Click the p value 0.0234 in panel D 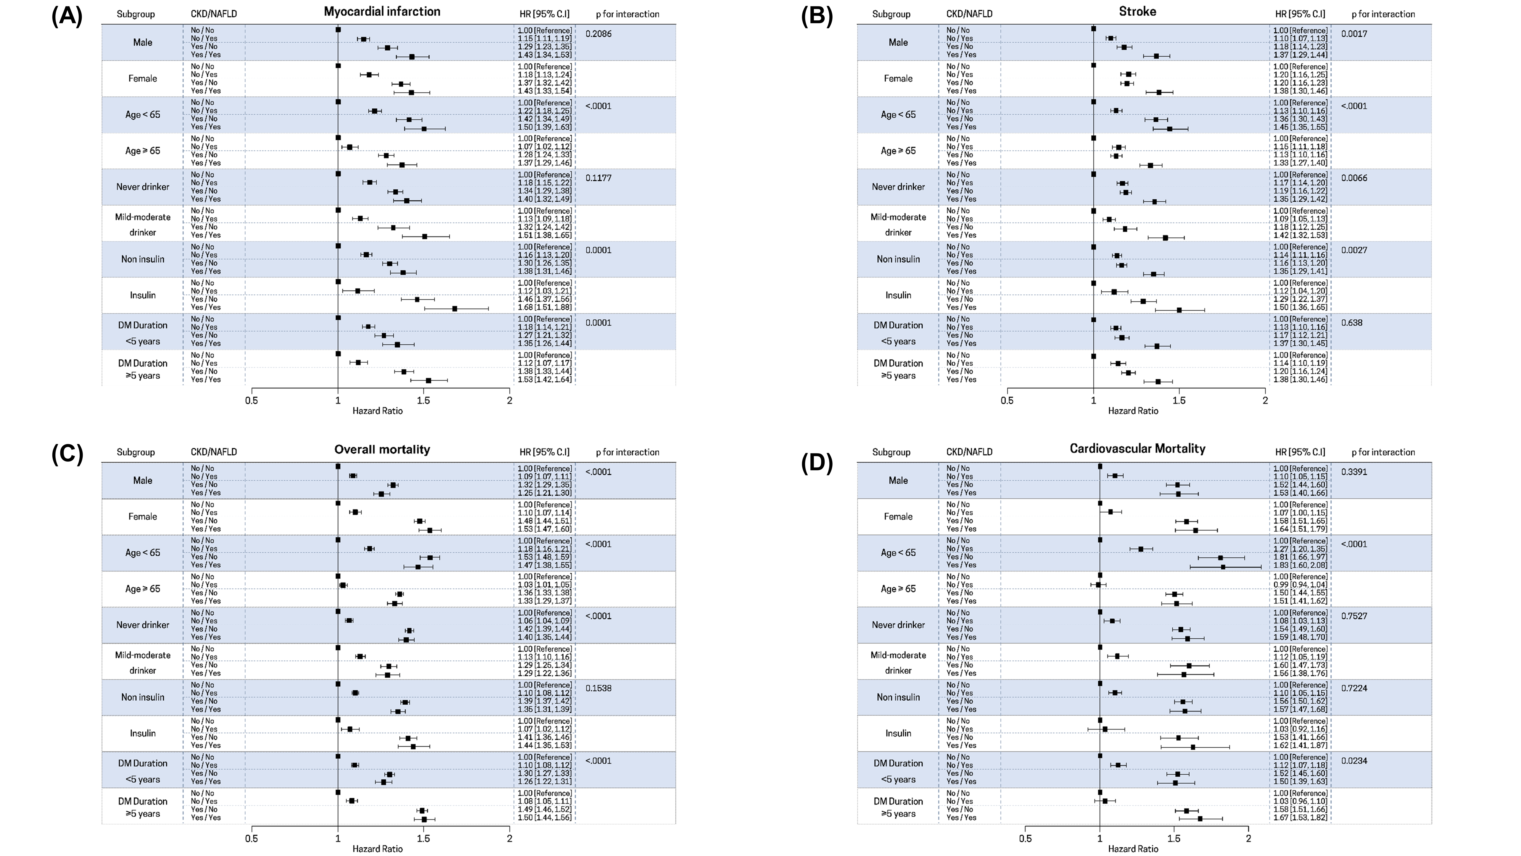1354,761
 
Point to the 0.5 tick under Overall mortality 252,838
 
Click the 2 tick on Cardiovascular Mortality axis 1248,838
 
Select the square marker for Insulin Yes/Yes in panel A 454,308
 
